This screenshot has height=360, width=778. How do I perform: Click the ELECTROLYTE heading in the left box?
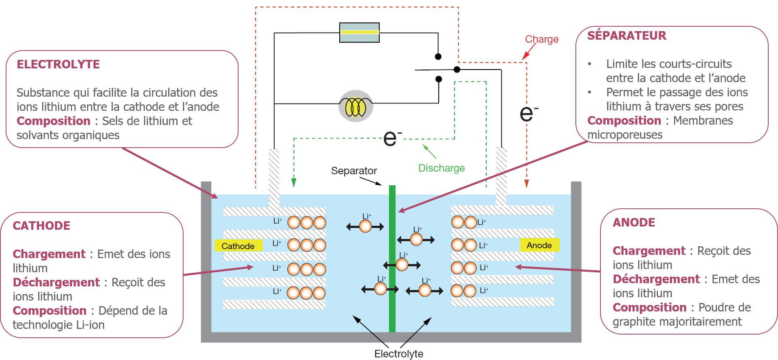pyautogui.click(x=58, y=64)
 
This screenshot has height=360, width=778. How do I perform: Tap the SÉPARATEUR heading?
pyautogui.click(x=626, y=36)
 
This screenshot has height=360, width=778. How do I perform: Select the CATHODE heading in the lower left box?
pyautogui.click(x=41, y=226)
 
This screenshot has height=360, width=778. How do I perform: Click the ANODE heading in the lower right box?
pyautogui.click(x=634, y=222)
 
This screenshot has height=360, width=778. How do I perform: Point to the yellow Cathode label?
pyautogui.click(x=238, y=246)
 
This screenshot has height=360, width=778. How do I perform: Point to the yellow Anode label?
pyautogui.click(x=539, y=245)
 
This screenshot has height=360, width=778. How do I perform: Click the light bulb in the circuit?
pyautogui.click(x=355, y=106)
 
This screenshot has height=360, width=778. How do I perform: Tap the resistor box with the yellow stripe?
pyautogui.click(x=359, y=33)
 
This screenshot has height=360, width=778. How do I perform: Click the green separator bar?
pyautogui.click(x=392, y=259)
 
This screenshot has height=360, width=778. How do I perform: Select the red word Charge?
pyautogui.click(x=541, y=39)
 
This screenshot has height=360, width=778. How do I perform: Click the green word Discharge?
pyautogui.click(x=441, y=168)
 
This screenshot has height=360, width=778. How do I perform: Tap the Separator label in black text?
pyautogui.click(x=354, y=171)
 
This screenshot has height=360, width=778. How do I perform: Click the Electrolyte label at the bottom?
pyautogui.click(x=398, y=354)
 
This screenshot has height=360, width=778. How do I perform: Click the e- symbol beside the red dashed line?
pyautogui.click(x=528, y=114)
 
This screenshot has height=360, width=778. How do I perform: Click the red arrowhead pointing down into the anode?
pyautogui.click(x=526, y=184)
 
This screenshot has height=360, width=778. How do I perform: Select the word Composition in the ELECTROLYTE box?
pyautogui.click(x=53, y=121)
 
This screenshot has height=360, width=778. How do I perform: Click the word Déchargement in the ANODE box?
pyautogui.click(x=656, y=279)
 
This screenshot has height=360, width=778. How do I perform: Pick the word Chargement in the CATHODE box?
pyautogui.click(x=49, y=254)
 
